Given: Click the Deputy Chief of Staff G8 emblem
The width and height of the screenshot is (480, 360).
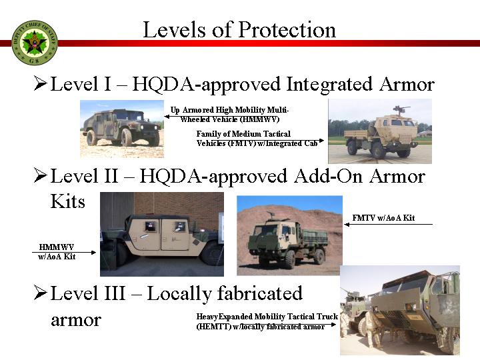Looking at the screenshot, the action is click(34, 43).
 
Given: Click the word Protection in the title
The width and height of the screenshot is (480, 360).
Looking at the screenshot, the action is click(287, 30).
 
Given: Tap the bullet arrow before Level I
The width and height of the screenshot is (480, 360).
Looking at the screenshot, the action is click(41, 83).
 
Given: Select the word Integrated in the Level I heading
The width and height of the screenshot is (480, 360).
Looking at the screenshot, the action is click(329, 85).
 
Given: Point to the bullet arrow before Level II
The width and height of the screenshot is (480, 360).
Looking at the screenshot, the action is click(41, 175).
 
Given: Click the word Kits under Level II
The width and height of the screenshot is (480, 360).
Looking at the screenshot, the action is click(67, 201).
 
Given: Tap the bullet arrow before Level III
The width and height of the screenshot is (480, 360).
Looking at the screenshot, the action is click(41, 293).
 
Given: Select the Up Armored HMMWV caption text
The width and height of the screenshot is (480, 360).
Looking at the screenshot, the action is click(229, 115).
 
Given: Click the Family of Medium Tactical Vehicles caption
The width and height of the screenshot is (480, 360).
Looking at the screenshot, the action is click(257, 139).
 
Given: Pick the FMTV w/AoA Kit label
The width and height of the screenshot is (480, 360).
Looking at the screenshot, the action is click(383, 217).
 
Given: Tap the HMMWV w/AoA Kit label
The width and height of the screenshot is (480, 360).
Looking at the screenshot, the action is click(57, 251).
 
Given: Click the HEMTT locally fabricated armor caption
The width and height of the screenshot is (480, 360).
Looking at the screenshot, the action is click(267, 321).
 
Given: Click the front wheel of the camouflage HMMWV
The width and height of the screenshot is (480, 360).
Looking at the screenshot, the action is click(126, 137).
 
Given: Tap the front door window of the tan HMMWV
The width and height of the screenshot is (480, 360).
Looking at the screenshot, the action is click(179, 227).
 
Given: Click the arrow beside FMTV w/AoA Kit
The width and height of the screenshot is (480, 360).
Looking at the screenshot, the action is click(388, 225).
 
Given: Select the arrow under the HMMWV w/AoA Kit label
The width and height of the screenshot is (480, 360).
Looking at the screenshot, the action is click(64, 252).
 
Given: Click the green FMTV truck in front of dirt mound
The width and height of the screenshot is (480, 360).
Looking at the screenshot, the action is click(288, 242).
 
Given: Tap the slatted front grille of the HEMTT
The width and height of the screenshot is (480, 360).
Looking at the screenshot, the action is click(395, 319).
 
